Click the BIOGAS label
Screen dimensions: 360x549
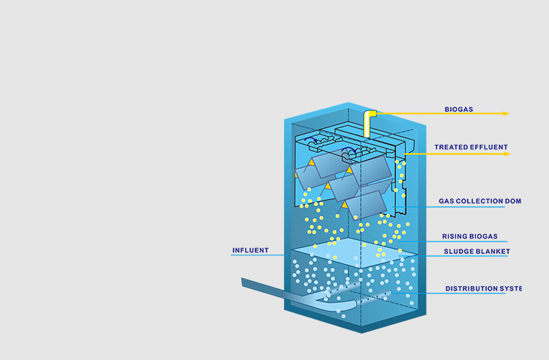point(459,110)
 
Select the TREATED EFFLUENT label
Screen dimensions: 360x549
point(471,147)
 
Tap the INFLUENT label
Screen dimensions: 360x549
point(250,250)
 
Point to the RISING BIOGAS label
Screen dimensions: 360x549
point(469,236)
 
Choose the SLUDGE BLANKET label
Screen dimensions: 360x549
point(477,252)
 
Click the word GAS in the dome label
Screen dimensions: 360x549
point(447,200)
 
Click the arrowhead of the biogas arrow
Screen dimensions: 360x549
point(507,113)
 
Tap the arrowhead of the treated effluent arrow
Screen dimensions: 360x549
point(507,154)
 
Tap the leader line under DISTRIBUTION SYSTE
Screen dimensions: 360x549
point(468,293)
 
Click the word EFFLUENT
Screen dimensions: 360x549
point(489,147)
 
